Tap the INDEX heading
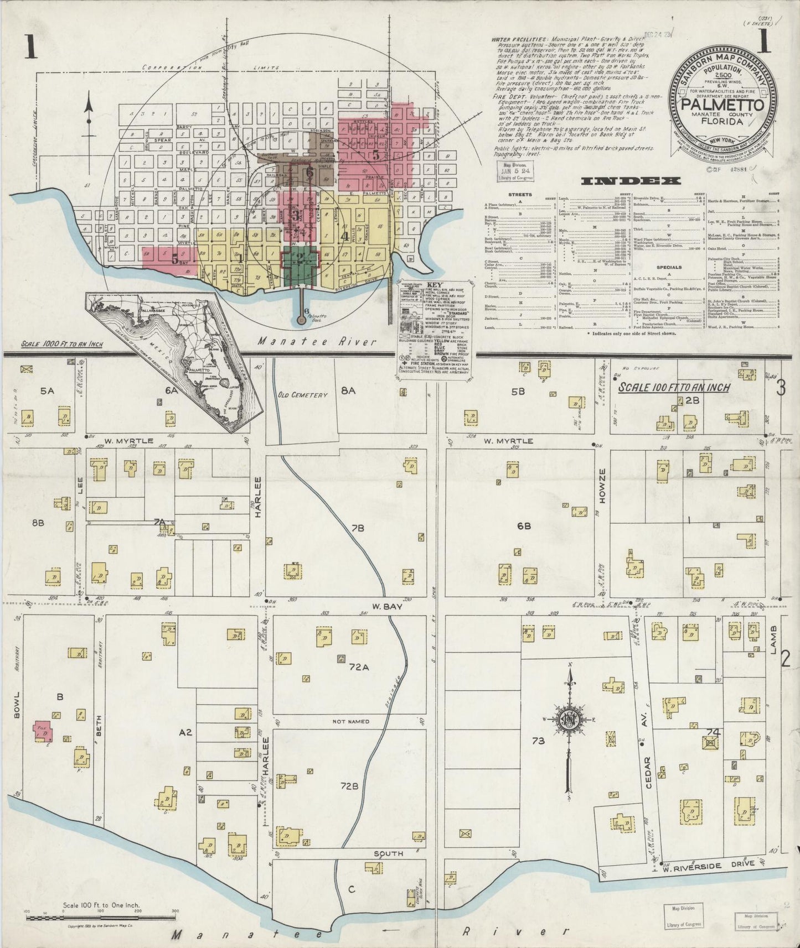pos(631,180)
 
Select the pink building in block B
pos(44,731)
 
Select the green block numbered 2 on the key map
pos(300,258)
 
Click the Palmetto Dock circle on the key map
pos(301,320)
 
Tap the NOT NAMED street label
pos(350,721)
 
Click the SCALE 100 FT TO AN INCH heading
pos(674,388)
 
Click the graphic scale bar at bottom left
pos(101,918)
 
